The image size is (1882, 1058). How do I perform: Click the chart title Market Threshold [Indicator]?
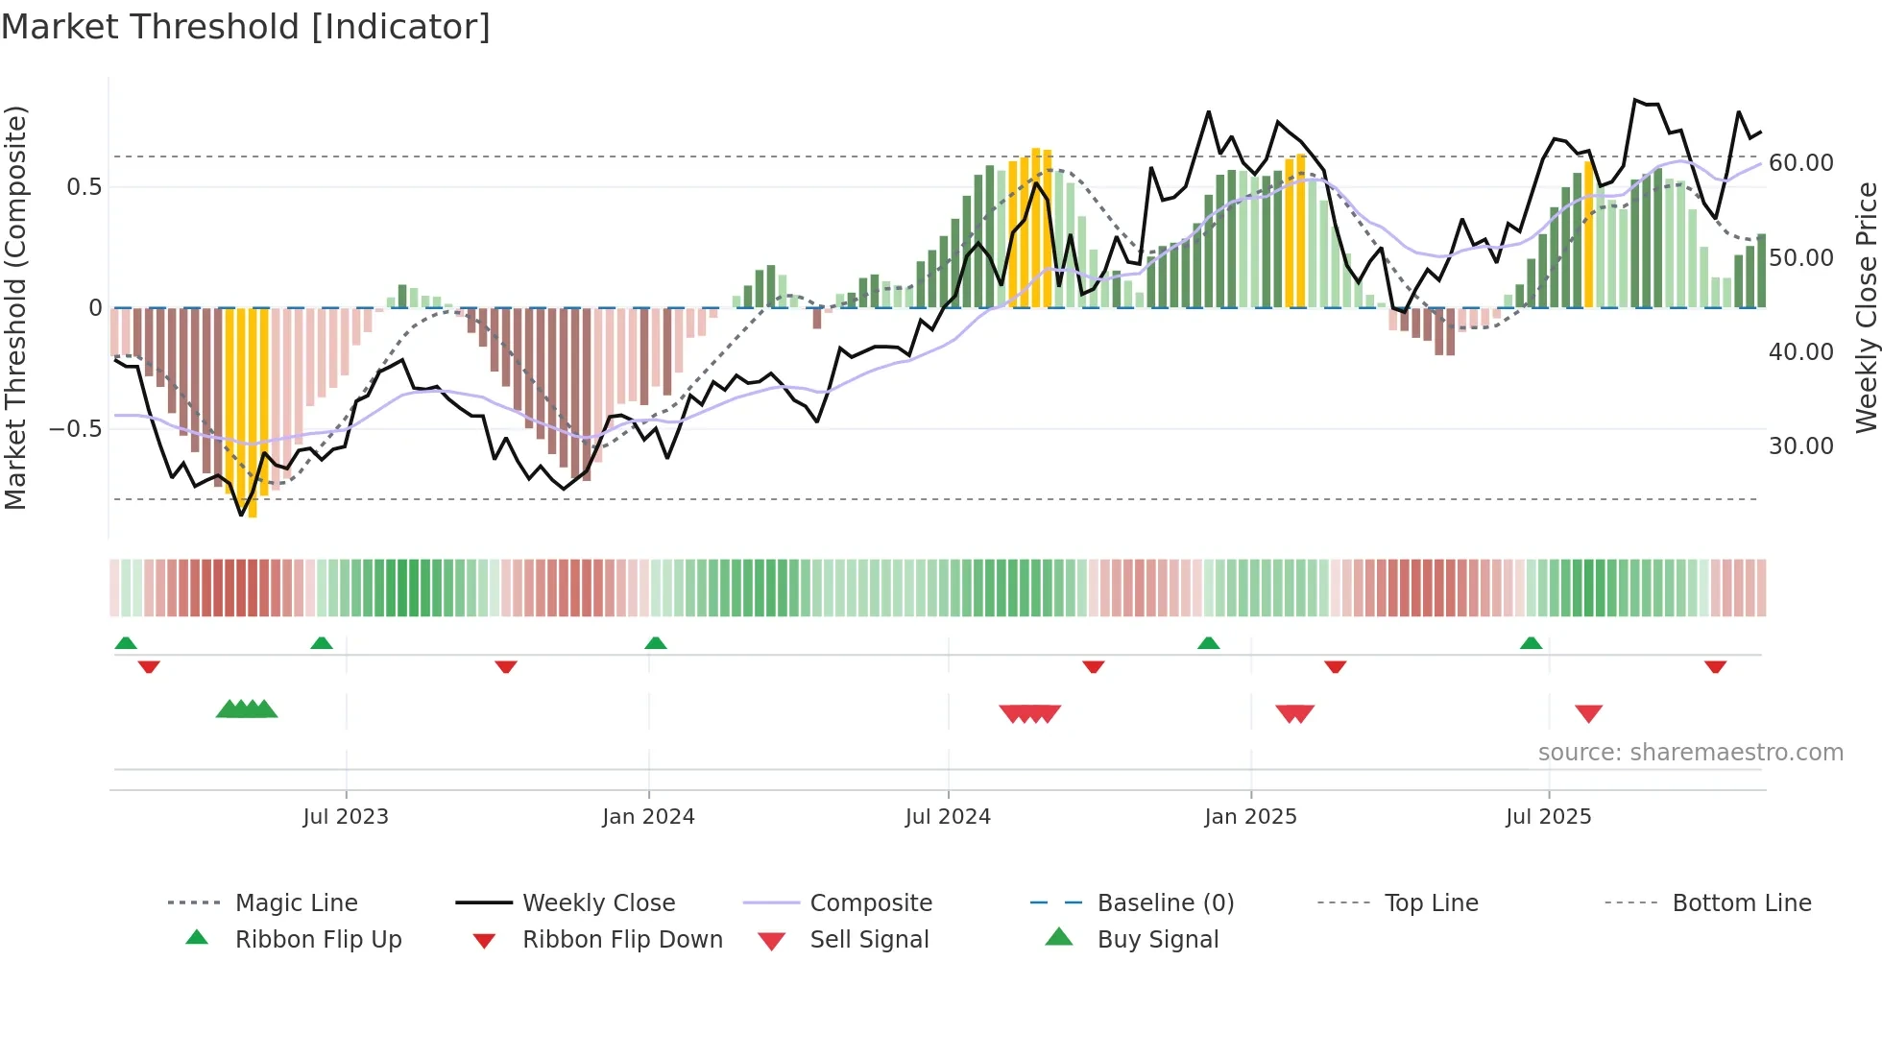click(x=246, y=27)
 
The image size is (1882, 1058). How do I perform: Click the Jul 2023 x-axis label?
click(x=346, y=817)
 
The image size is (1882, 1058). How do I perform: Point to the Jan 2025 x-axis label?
click(x=1250, y=817)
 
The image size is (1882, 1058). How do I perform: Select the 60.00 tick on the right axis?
click(x=1800, y=163)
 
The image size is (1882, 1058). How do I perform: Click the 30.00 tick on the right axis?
click(x=1800, y=446)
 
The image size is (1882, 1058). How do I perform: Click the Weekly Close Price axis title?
click(x=1866, y=307)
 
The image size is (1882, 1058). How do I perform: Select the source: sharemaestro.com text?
click(x=1690, y=753)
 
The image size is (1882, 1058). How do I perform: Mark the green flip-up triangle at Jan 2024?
click(x=656, y=643)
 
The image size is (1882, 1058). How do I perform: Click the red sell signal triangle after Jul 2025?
click(x=1588, y=713)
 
